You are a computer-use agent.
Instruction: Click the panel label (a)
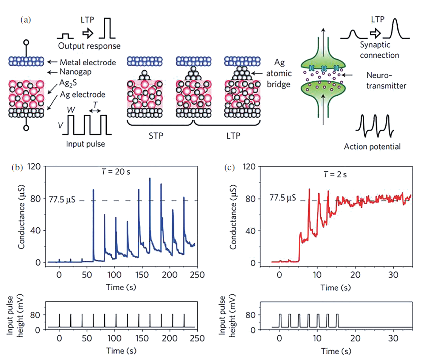(25, 20)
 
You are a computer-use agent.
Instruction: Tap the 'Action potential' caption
(372, 146)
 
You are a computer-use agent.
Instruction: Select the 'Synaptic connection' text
(380, 50)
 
